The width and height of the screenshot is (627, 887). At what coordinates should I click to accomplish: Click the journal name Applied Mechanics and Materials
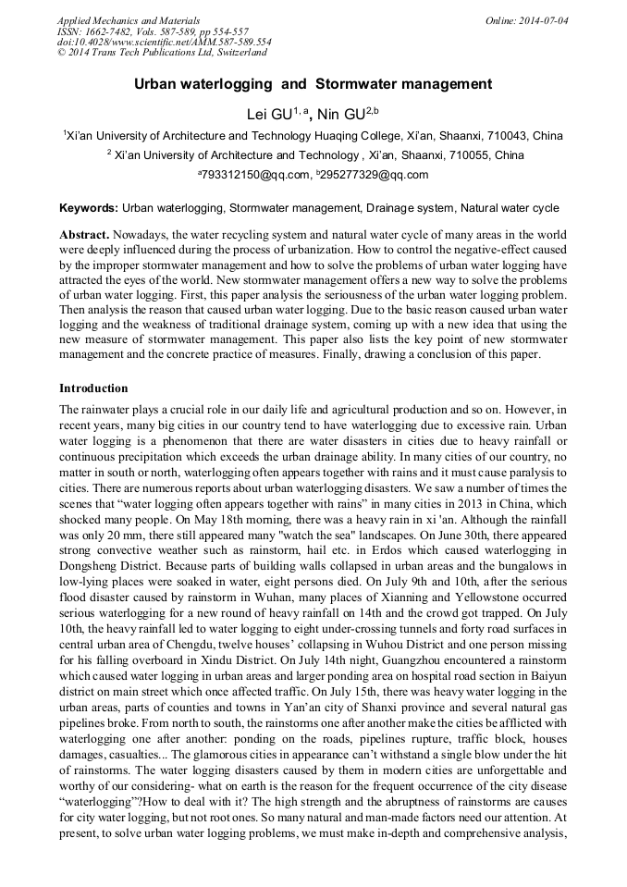(128, 20)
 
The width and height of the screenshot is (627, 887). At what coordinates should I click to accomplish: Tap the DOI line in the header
(164, 43)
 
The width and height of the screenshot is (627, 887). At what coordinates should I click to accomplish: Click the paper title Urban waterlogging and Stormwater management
(313, 84)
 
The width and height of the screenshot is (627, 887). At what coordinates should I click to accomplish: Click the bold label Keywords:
(88, 209)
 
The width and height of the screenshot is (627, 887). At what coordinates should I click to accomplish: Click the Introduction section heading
(93, 388)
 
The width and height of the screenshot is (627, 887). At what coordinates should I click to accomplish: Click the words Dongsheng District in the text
(103, 561)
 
